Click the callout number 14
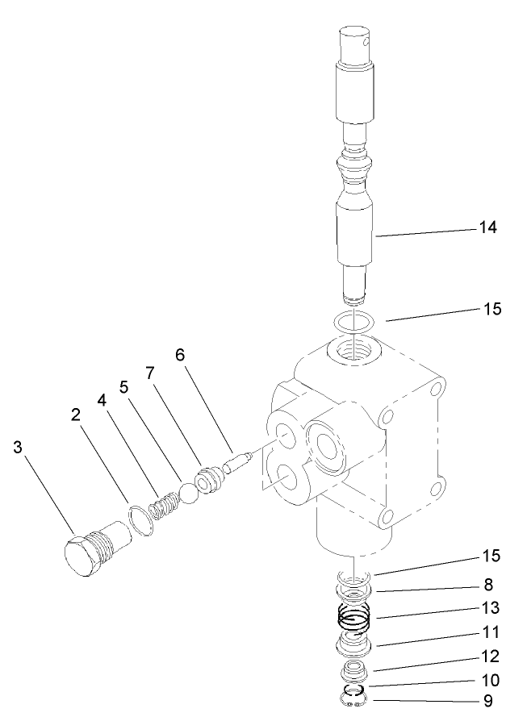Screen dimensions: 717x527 (x=488, y=228)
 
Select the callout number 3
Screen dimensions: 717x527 (x=17, y=448)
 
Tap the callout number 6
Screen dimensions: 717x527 (x=180, y=355)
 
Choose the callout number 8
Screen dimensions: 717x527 (x=488, y=585)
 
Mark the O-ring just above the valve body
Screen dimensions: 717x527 (x=353, y=322)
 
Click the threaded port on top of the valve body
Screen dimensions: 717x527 (x=353, y=349)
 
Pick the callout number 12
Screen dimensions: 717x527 (x=488, y=656)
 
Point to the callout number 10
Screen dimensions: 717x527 (x=488, y=679)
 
